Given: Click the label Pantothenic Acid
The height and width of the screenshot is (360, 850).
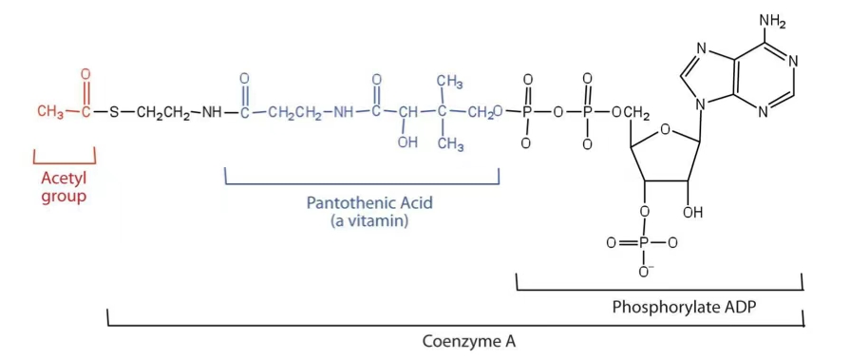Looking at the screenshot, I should (x=362, y=202).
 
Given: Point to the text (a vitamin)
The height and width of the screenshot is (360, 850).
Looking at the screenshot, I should (x=362, y=220).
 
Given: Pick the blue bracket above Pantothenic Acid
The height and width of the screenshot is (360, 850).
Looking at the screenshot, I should (x=362, y=182).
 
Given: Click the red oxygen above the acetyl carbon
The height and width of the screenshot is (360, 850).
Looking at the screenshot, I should (x=85, y=74).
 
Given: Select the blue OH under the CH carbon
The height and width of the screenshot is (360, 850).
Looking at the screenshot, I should (x=407, y=143).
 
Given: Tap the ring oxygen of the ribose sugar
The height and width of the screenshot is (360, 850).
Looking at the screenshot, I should (x=664, y=131).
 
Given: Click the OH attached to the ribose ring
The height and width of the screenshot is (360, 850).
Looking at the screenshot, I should (x=693, y=212).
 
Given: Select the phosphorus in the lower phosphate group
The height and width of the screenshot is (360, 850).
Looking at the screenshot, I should (x=645, y=243).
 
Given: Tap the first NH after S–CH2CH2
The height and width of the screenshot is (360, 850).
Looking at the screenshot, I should (x=211, y=114).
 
